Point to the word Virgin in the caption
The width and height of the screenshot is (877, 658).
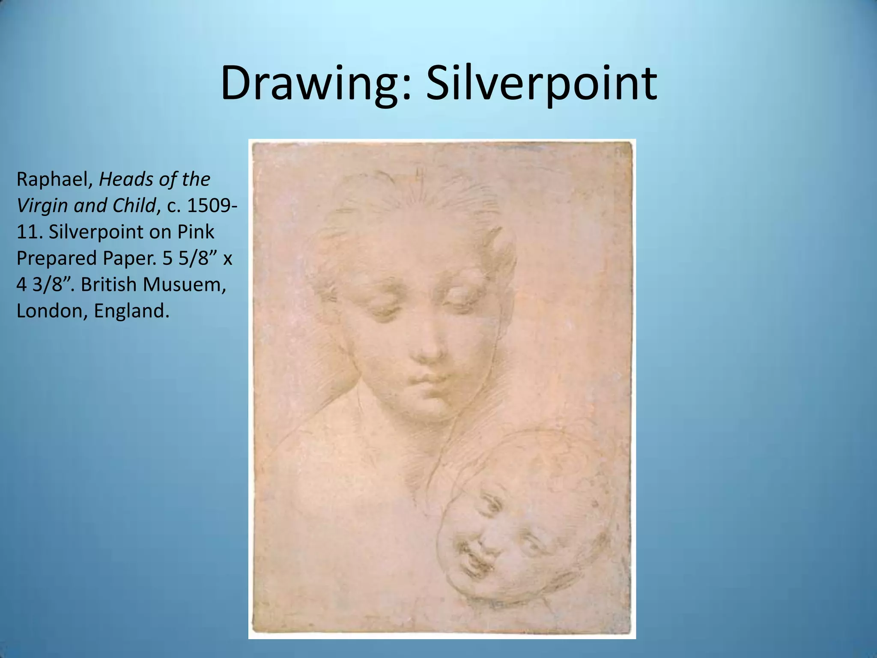[x=42, y=206]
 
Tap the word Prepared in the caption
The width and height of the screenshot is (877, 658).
[x=57, y=259]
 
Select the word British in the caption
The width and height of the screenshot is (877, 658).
[x=110, y=285]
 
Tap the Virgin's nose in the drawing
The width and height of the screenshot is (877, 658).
[x=428, y=349]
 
